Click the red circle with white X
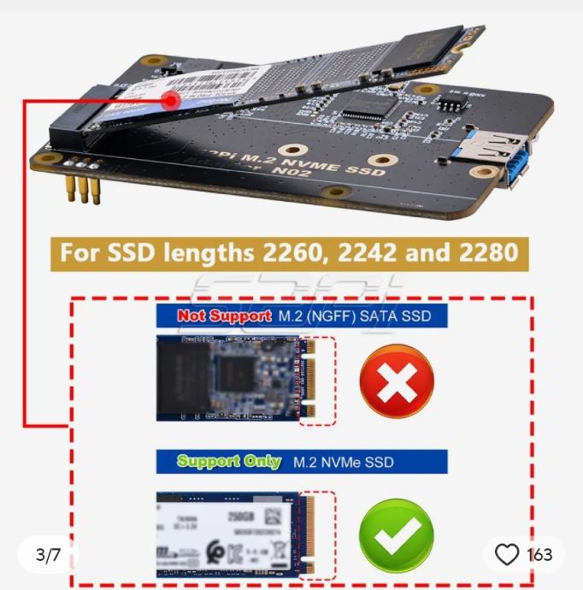pyautogui.click(x=397, y=380)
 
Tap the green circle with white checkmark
pyautogui.click(x=396, y=535)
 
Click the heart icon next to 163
pyautogui.click(x=507, y=555)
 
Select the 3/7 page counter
pyautogui.click(x=48, y=555)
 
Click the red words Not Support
pyautogui.click(x=224, y=316)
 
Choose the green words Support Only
pyautogui.click(x=228, y=462)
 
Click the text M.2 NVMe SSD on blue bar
pyautogui.click(x=344, y=463)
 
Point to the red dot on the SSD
pyautogui.click(x=171, y=101)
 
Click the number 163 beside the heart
pyautogui.click(x=539, y=555)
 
